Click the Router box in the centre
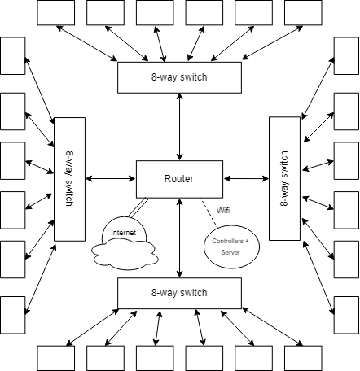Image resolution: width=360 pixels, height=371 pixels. [x=179, y=179]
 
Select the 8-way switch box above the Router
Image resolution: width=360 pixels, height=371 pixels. [x=179, y=77]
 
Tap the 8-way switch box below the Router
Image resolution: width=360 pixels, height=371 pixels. [x=179, y=293]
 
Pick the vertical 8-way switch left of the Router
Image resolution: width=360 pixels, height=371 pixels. [x=70, y=179]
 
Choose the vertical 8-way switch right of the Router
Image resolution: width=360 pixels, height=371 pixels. [x=284, y=179]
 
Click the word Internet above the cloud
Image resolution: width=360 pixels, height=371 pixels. [x=124, y=233]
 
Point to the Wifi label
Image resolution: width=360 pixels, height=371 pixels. [x=223, y=210]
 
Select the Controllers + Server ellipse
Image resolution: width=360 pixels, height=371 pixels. [x=231, y=247]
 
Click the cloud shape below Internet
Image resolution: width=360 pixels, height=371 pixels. [x=125, y=255]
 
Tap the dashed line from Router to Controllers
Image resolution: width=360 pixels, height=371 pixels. [x=209, y=212]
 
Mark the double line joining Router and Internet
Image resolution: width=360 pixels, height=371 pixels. [x=138, y=208]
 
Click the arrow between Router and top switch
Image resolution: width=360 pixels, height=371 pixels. [x=179, y=127]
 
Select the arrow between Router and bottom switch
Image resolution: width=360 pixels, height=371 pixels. [x=179, y=238]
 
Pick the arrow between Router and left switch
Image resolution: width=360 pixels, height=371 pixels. [x=111, y=178]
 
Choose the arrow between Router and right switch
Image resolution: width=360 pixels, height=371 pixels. [x=246, y=178]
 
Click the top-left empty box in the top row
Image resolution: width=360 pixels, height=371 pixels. [x=56, y=13]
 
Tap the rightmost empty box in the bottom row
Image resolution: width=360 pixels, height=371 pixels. [x=303, y=358]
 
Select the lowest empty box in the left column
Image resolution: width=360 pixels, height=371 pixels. [x=13, y=315]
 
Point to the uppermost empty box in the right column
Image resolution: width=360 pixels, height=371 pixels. [x=346, y=56]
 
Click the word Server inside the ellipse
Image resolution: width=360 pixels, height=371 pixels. [x=230, y=252]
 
